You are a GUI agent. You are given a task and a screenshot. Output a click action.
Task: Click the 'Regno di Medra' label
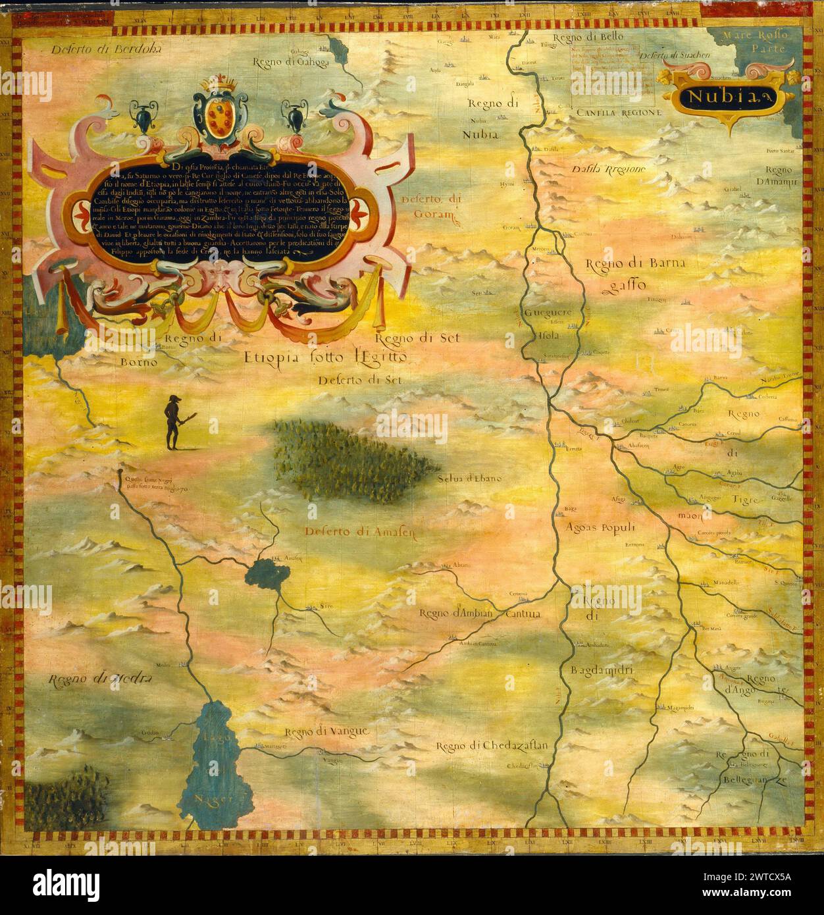[x=100, y=679]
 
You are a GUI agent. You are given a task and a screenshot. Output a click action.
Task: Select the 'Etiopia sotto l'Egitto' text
[x=326, y=357]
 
